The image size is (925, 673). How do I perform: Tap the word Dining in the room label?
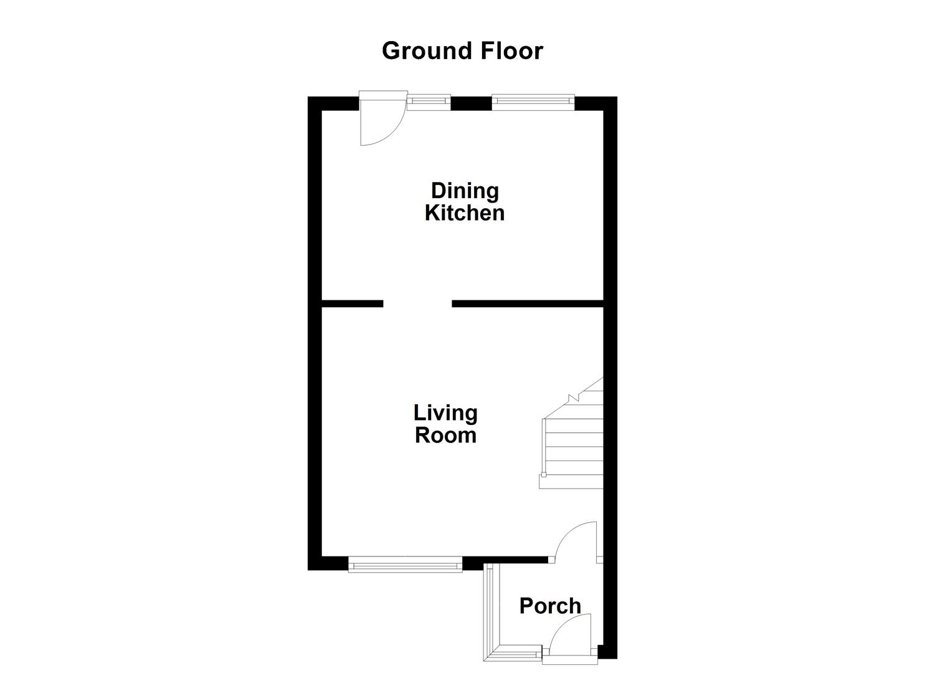point(465,191)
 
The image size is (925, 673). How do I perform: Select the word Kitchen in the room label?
point(465,213)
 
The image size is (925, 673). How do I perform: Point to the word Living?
point(445,413)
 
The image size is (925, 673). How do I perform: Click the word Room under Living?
point(445,435)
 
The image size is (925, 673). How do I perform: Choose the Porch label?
point(550,606)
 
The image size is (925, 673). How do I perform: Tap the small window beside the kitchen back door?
point(429,101)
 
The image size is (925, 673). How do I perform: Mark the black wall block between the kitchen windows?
point(471,103)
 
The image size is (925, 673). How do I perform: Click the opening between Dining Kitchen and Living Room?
point(417,303)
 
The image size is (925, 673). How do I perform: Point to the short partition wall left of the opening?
point(352,303)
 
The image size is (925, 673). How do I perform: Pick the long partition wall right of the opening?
point(528,303)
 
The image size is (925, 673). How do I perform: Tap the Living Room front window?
point(406,566)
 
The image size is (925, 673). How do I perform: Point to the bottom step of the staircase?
point(571,481)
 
